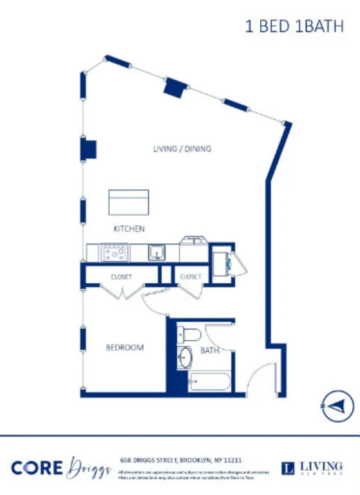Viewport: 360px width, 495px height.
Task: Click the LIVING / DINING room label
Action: coord(182,149)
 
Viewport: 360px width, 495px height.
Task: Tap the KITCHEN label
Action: coord(129,229)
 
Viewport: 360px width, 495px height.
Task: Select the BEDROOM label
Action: coord(124,348)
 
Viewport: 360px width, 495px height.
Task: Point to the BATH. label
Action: coord(211,351)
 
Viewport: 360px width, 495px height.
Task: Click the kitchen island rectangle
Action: coord(129,203)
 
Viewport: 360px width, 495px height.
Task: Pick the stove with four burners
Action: coord(114,252)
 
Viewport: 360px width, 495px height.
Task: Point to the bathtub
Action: coord(207,382)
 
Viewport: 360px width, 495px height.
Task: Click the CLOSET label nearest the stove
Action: coord(121,277)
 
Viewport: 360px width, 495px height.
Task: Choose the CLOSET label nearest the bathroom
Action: coord(191,277)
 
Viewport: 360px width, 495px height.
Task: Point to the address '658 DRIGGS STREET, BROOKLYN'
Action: coord(181,460)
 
